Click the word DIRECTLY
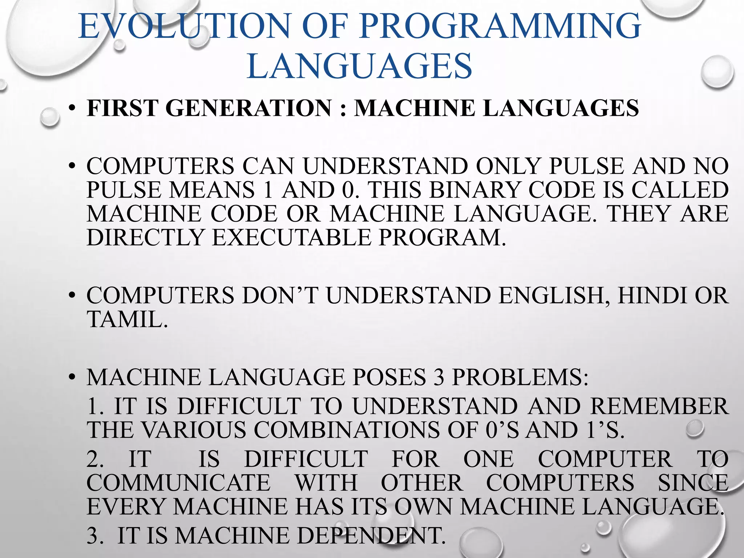(x=145, y=238)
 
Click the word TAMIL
(x=127, y=319)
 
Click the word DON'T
(x=280, y=295)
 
